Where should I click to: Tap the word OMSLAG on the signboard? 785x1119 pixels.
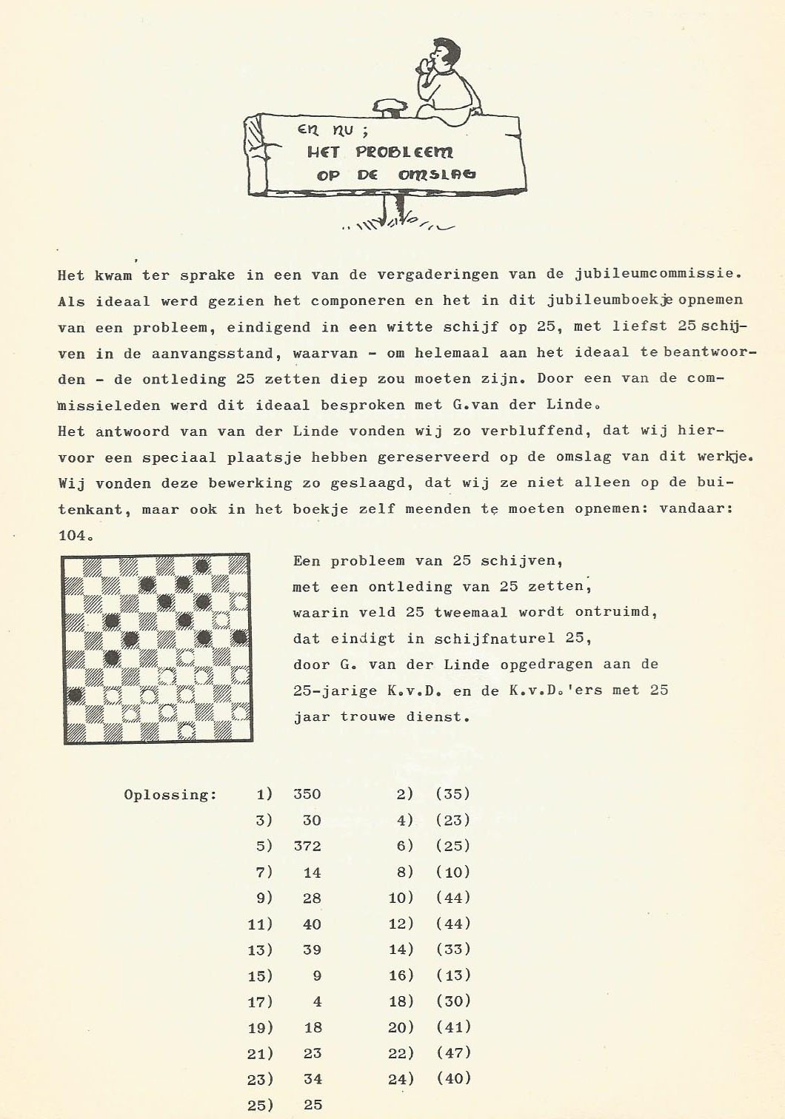click(x=437, y=175)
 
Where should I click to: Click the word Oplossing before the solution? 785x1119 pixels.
click(x=170, y=795)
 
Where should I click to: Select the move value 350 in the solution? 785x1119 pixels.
click(x=307, y=795)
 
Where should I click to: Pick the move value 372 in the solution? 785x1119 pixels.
click(x=307, y=846)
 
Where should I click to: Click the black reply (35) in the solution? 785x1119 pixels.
click(x=452, y=795)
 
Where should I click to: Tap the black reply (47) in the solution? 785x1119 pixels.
click(x=452, y=1052)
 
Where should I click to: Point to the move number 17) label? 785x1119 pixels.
click(x=260, y=1001)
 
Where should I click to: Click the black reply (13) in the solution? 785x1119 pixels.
click(x=452, y=975)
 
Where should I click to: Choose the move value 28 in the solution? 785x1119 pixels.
click(x=312, y=898)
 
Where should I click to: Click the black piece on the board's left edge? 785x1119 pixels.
click(x=75, y=695)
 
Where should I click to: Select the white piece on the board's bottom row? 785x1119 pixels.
click(x=186, y=730)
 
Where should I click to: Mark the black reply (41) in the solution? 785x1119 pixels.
click(x=452, y=1027)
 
